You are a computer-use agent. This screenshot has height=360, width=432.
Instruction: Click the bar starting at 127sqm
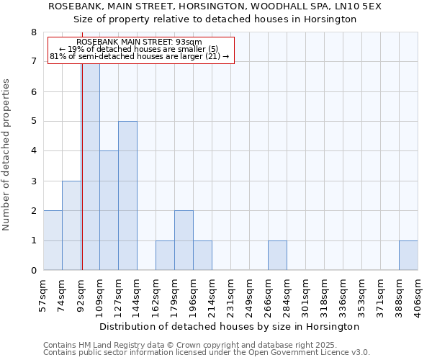point(127,196)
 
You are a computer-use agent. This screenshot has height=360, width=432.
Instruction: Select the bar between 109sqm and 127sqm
point(109,210)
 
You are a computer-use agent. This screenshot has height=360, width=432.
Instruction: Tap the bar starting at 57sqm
point(53,240)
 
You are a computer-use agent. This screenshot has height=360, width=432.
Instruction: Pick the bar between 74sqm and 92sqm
point(71,225)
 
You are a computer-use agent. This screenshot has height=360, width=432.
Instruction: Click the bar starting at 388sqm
point(408,256)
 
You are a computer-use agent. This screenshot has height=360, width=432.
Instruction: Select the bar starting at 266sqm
point(277,256)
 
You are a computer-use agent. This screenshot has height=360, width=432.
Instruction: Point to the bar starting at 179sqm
point(184,240)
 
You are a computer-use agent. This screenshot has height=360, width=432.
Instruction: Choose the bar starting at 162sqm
point(165,256)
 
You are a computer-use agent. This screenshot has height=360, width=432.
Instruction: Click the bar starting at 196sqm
point(202,256)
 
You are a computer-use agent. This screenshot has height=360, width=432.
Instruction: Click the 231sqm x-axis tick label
point(230,293)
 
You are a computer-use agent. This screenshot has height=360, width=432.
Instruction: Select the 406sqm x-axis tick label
point(418,293)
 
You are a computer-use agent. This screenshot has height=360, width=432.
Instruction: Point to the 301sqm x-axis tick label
point(305,293)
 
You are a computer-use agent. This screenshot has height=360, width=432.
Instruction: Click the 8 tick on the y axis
point(33,32)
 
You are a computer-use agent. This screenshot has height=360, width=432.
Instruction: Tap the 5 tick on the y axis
point(33,122)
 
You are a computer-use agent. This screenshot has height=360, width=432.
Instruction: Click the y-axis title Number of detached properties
point(6,154)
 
